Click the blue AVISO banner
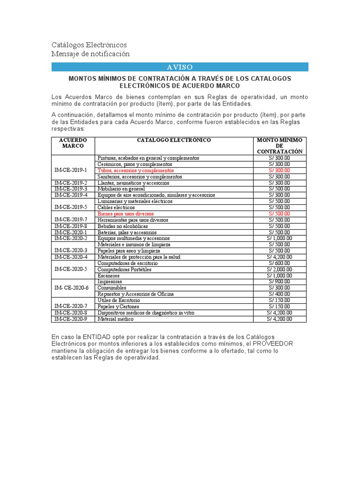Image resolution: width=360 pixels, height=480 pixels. point(180,67)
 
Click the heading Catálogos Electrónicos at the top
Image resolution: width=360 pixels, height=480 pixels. point(89,45)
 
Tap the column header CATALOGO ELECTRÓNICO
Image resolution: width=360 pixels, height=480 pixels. point(174,140)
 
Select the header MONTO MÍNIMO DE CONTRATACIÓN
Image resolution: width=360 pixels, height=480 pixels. point(280,146)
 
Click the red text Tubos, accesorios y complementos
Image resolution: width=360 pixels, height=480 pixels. point(135,171)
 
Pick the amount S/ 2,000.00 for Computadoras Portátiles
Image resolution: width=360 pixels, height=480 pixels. point(280,270)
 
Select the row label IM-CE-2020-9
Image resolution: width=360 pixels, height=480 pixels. point(71,319)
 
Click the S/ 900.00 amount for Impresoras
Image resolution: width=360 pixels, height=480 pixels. point(280,282)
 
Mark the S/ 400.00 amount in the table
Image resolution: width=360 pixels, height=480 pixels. point(280,294)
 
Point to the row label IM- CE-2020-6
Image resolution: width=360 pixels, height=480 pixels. point(72,288)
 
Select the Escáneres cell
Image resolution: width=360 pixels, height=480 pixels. point(109,276)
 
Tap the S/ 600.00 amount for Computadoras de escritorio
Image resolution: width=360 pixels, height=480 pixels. point(280,263)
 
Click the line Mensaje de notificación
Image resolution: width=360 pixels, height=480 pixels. point(90,54)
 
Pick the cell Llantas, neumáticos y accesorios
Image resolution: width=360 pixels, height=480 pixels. point(134,183)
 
